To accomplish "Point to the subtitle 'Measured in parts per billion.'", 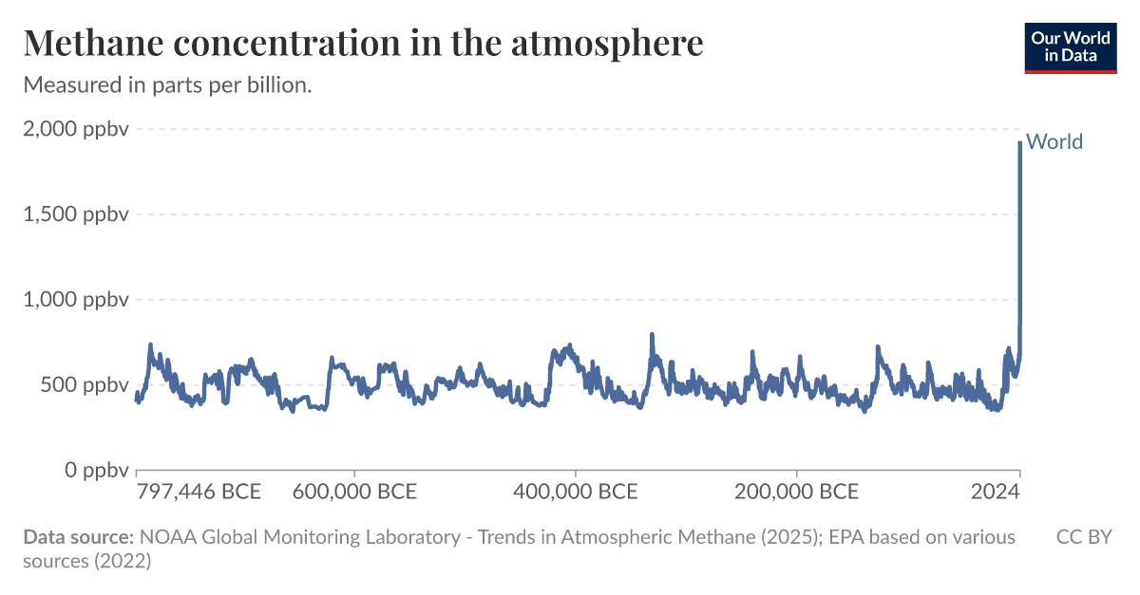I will [x=167, y=84].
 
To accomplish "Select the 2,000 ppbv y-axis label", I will [x=75, y=129].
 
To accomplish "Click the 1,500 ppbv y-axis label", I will [x=75, y=214].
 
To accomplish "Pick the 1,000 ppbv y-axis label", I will [x=75, y=300].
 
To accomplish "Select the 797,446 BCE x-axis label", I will [x=199, y=492].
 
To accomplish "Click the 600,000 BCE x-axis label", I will [x=354, y=492].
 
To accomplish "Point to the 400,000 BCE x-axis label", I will [x=576, y=492].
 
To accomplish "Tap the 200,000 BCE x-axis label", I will [x=796, y=492].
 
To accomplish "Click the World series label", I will [x=1054, y=142].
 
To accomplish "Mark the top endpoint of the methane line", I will [x=1020, y=142].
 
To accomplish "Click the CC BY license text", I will [x=1084, y=537].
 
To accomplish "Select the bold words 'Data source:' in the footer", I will [x=78, y=537].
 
